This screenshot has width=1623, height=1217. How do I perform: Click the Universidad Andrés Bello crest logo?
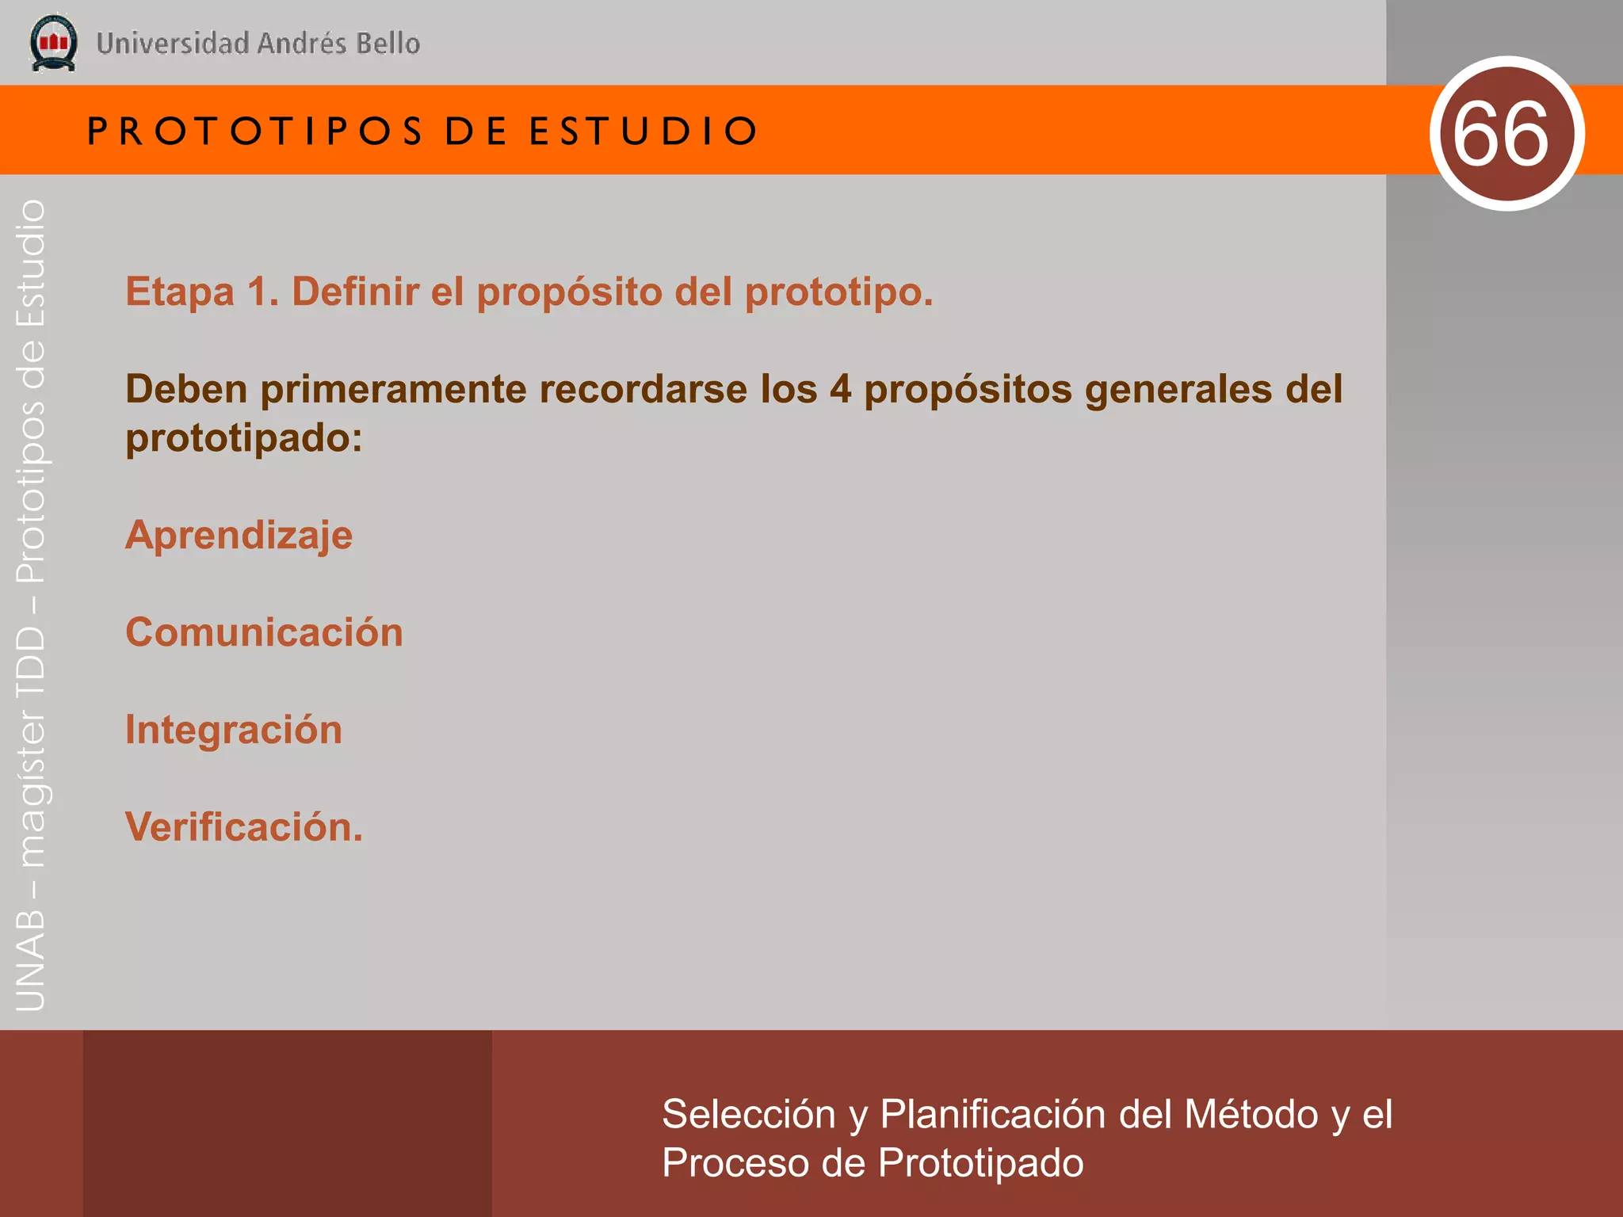tap(53, 43)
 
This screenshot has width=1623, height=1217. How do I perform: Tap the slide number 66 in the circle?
tap(1501, 134)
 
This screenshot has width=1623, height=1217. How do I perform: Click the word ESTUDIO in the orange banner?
tap(643, 132)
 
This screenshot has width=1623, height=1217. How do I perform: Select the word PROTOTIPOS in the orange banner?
tap(255, 132)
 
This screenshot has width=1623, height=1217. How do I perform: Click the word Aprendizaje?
tap(239, 536)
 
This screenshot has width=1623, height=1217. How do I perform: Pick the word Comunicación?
tap(264, 632)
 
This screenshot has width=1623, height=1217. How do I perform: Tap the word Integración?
tap(234, 730)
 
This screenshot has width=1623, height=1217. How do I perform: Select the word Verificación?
tap(243, 827)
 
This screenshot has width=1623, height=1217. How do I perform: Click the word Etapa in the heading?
tap(180, 292)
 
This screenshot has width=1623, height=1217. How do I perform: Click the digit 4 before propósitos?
tap(840, 390)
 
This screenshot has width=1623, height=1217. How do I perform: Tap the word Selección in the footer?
tap(748, 1114)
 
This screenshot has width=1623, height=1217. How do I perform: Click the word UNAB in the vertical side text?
tap(31, 959)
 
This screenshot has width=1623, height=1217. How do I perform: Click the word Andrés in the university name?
tap(302, 43)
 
